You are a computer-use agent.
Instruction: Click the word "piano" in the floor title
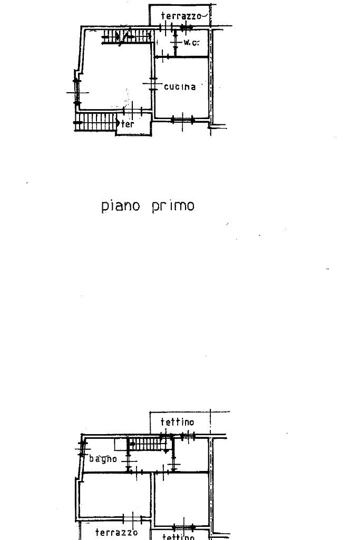tap(121, 205)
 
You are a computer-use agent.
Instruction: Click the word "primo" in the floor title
tap(173, 205)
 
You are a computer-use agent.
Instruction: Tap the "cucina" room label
tap(180, 87)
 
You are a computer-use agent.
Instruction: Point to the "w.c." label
tap(191, 42)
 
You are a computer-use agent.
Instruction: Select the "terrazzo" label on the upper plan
tap(181, 16)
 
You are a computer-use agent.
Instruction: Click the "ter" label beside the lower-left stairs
tap(128, 124)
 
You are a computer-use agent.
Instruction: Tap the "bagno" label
tap(103, 459)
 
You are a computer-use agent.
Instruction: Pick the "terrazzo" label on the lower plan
tap(116, 532)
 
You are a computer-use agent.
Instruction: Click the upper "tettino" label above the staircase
tap(177, 422)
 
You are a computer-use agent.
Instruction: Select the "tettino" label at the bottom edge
tap(178, 537)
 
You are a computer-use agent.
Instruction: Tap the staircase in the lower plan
tap(150, 444)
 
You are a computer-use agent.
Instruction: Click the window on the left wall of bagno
tap(82, 449)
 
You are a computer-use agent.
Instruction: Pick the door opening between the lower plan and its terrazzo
tap(132, 519)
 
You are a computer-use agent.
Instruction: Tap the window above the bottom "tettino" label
tap(183, 527)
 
